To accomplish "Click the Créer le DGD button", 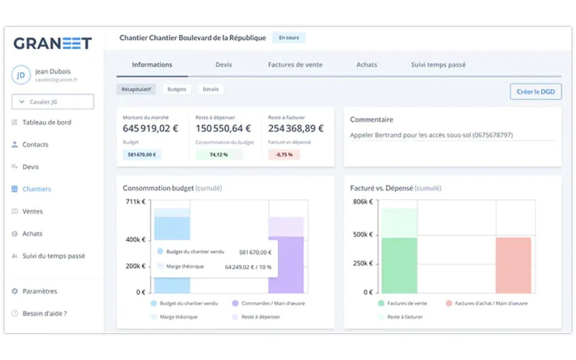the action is click(535, 92).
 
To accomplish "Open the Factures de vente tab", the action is click(295, 65).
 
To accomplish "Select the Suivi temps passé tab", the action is click(438, 65).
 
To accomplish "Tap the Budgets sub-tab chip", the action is click(177, 89).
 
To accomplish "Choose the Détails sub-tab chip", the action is click(211, 89).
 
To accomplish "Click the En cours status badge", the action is click(289, 38).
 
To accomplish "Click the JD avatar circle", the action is click(21, 75).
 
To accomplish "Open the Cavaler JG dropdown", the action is click(53, 102).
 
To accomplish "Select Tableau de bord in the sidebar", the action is click(47, 122).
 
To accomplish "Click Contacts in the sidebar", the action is click(35, 144).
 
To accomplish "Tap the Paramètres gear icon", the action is click(15, 291).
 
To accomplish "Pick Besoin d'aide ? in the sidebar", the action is click(45, 313).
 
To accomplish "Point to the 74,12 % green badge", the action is click(219, 154).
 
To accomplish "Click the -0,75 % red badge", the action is click(284, 154).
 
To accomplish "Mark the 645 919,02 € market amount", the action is click(151, 128).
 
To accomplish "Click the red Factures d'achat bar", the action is click(513, 265).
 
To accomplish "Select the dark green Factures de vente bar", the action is click(399, 265).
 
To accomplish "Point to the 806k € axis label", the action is click(363, 202).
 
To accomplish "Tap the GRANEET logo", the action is click(53, 43).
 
